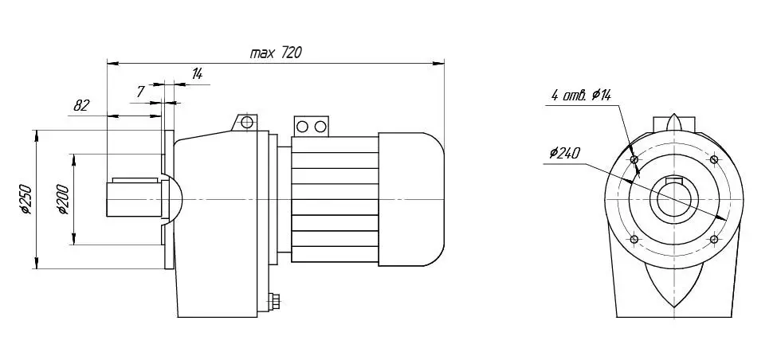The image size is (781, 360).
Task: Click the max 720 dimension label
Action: (x=276, y=53)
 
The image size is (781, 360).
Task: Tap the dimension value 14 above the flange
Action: (x=197, y=74)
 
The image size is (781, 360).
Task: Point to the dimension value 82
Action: (x=81, y=106)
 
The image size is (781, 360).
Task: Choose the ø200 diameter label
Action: (x=63, y=199)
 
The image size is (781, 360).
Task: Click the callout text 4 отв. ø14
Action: (x=581, y=95)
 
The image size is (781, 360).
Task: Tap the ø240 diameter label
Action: (x=564, y=153)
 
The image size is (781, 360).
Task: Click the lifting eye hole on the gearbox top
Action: (x=246, y=122)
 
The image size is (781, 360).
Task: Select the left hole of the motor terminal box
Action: (x=302, y=127)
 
